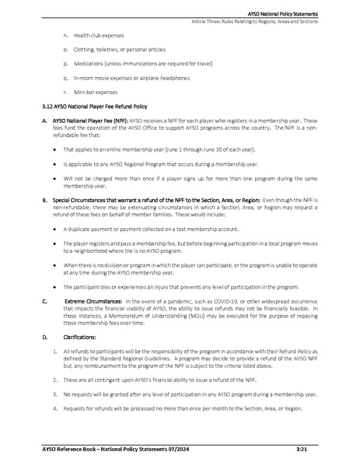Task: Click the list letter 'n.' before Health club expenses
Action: [x=65, y=36]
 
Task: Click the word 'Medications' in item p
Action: [x=88, y=63]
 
